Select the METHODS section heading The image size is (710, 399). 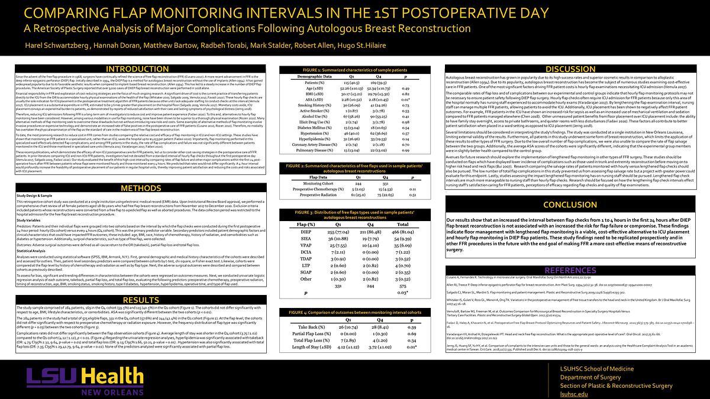point(140,189)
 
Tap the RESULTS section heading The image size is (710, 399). point(140,300)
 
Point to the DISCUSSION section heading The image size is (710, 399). point(570,70)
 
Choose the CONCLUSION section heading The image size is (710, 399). point(570,205)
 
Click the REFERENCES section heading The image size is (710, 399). point(570,270)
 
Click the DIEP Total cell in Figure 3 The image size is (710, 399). point(402,233)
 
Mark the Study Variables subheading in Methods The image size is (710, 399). point(30,220)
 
